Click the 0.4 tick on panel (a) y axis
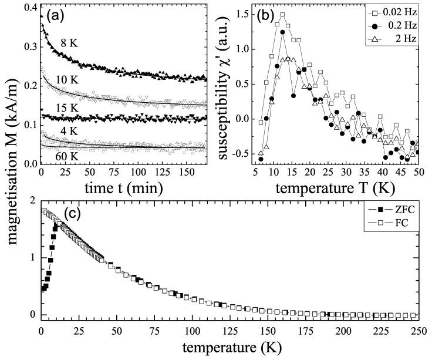[29, 8]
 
